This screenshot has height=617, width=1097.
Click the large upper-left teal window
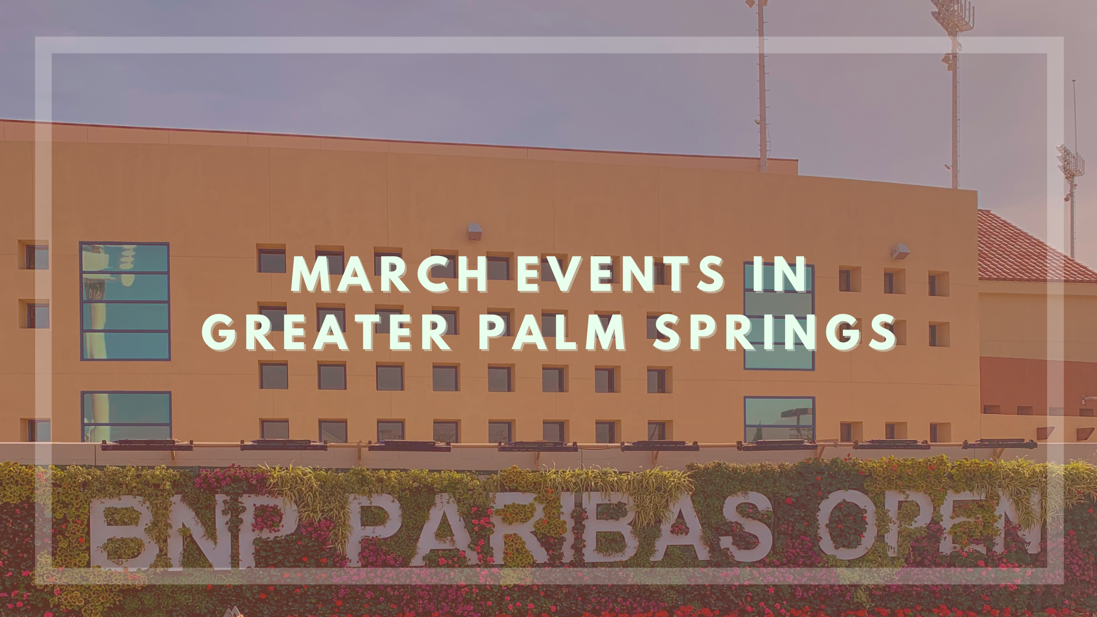(125, 301)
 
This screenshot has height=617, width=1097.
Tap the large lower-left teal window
(126, 416)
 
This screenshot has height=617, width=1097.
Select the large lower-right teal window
(780, 419)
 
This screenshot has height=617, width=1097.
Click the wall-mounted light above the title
(474, 232)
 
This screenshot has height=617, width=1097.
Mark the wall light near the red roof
(900, 251)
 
